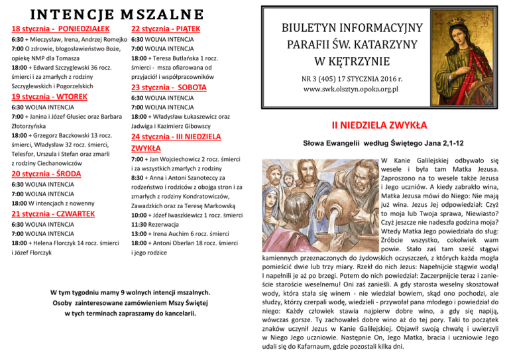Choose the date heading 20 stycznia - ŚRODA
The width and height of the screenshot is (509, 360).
[x=48, y=174]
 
